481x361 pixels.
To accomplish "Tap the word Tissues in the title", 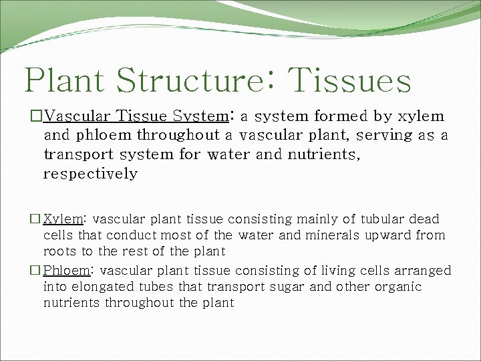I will (x=350, y=80).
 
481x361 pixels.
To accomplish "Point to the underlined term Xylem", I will (x=63, y=219).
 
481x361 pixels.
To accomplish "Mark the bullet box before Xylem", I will (x=35, y=219).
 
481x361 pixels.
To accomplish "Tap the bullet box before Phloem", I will (x=35, y=271).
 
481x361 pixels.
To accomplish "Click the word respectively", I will (x=90, y=174).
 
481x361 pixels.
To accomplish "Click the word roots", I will (x=59, y=251).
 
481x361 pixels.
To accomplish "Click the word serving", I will (x=388, y=136).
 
